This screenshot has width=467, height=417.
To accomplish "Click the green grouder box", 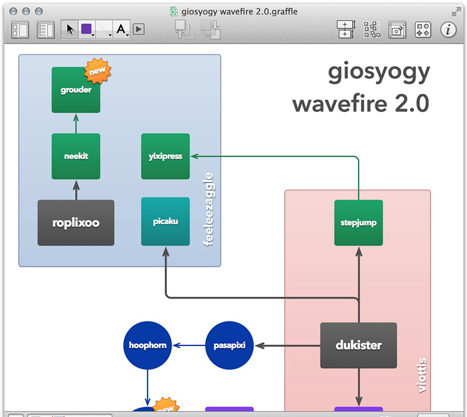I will pyautogui.click(x=76, y=90).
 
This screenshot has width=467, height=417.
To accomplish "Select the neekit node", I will pyautogui.click(x=76, y=156).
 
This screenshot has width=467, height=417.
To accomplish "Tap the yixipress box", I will pyautogui.click(x=165, y=156).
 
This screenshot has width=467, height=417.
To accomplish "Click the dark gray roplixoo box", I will pyautogui.click(x=76, y=223).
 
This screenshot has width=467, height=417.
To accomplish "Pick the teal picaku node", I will pyautogui.click(x=165, y=222).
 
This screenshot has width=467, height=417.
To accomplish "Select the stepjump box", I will pyautogui.click(x=358, y=223).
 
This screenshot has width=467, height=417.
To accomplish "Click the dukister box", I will pyautogui.click(x=358, y=345).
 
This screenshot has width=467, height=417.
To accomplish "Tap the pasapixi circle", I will pyautogui.click(x=229, y=345).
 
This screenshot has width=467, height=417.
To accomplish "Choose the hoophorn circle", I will pyautogui.click(x=147, y=345).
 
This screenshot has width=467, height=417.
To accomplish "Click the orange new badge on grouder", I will pyautogui.click(x=98, y=71).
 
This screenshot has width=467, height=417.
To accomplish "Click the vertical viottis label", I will pyautogui.click(x=421, y=375).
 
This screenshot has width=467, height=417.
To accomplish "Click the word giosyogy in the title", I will pyautogui.click(x=379, y=73).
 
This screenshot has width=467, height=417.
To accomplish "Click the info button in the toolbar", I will pyautogui.click(x=448, y=29).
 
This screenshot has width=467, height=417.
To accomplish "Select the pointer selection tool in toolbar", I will pyautogui.click(x=70, y=29).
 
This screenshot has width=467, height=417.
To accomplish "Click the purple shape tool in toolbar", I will pyautogui.click(x=86, y=29).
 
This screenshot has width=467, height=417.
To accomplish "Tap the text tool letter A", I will pyautogui.click(x=121, y=29).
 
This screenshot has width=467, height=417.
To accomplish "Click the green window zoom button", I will pyautogui.click(x=39, y=11).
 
